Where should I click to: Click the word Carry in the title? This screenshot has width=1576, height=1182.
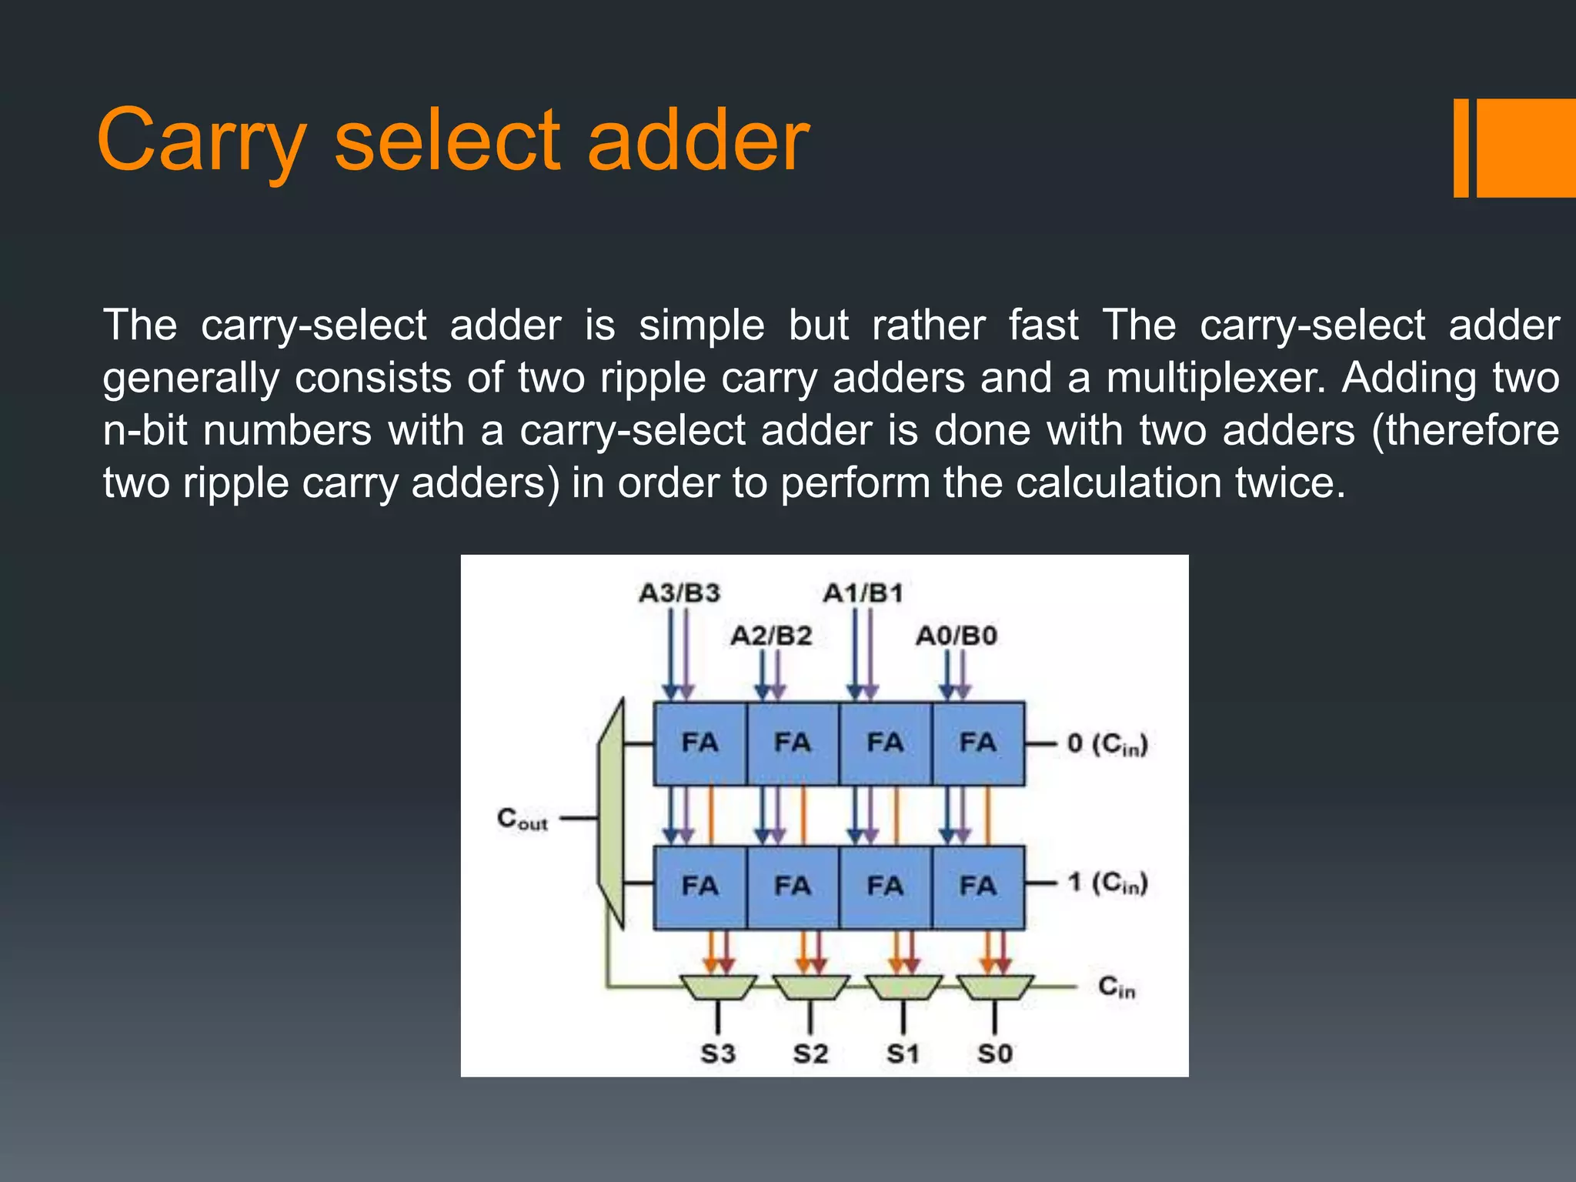[x=202, y=140]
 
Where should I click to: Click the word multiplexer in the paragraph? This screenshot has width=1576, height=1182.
[x=1216, y=378]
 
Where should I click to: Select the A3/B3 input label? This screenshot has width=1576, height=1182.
[x=679, y=593]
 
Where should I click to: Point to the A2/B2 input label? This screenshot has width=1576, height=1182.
[x=771, y=636]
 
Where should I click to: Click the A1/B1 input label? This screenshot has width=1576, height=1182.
[x=863, y=593]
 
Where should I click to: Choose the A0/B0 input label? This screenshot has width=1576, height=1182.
[x=956, y=636]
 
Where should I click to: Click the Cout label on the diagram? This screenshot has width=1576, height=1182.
[x=522, y=819]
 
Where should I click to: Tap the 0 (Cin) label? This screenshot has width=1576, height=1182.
[x=1107, y=744]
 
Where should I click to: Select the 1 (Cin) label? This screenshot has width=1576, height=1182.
[x=1107, y=883]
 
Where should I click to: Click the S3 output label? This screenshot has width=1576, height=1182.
[x=717, y=1053]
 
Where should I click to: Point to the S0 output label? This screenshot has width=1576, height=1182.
[x=994, y=1053]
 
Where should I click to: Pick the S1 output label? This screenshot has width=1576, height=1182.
[x=903, y=1053]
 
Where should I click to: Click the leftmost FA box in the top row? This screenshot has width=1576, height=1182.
[x=700, y=743]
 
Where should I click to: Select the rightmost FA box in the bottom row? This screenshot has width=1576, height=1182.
[x=978, y=886]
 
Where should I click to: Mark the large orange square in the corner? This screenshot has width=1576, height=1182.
[x=1525, y=148]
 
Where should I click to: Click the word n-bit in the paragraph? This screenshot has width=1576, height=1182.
[x=145, y=430]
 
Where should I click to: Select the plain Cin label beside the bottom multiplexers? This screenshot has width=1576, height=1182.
[x=1116, y=987]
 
